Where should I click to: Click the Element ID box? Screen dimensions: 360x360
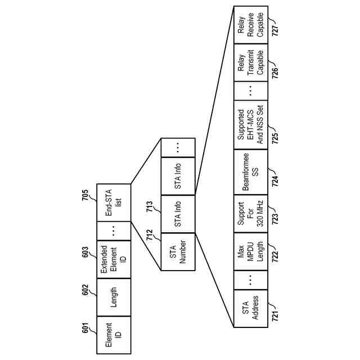[x=114, y=334]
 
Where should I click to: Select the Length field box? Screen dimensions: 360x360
[x=114, y=297]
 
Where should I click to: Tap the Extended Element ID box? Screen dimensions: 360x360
[x=114, y=260]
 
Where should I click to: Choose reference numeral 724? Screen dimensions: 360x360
[x=276, y=179]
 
